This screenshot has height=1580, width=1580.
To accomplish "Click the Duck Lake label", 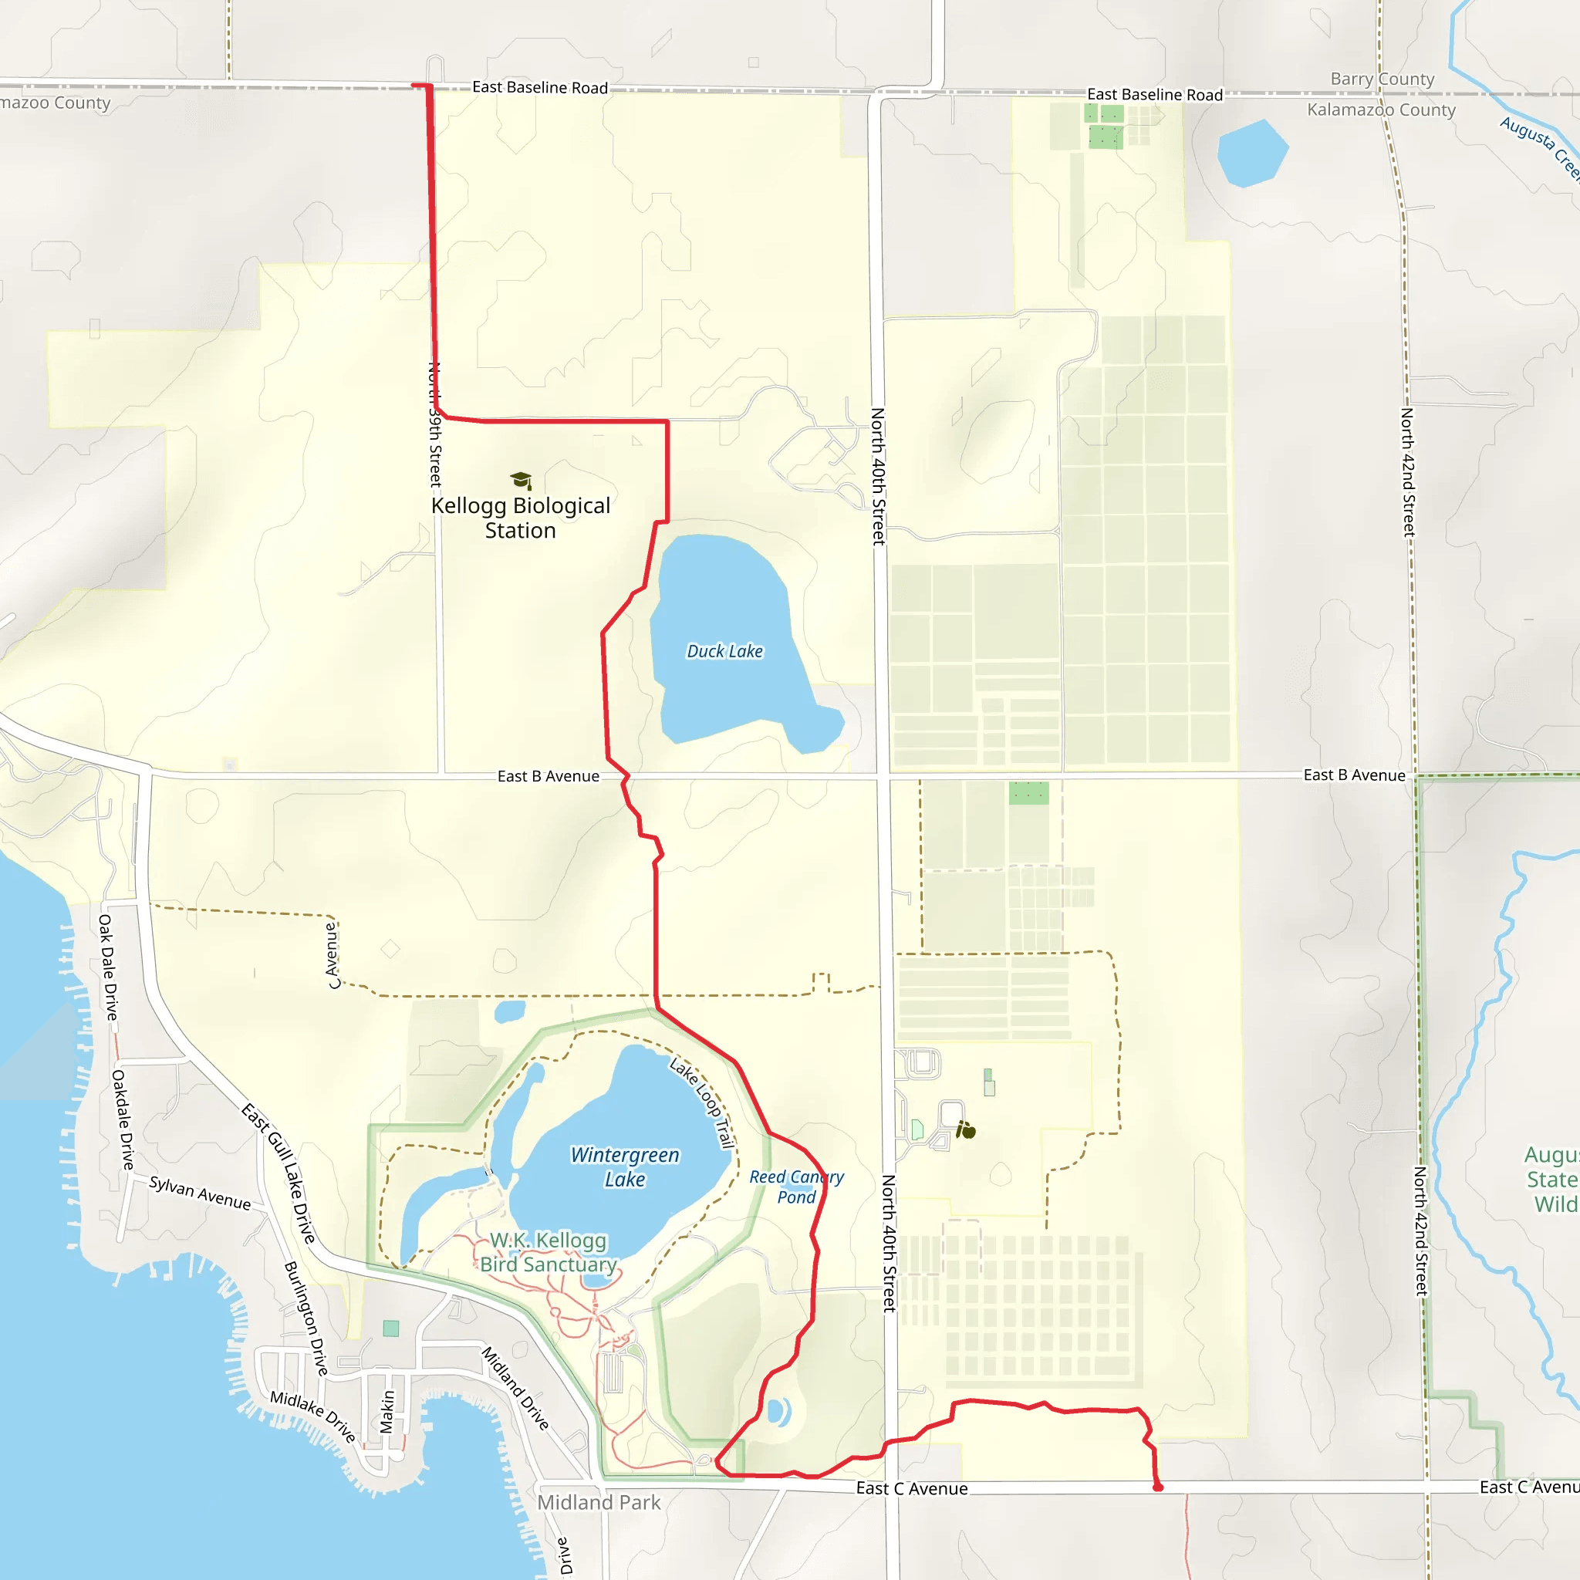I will [x=724, y=651].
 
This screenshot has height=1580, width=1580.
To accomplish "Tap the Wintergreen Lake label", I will [x=625, y=1167].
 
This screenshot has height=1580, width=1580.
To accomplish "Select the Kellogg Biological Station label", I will [x=520, y=518].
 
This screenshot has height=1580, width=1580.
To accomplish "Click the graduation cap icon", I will [x=521, y=480].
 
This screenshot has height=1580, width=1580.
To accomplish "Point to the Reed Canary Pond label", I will [x=796, y=1187].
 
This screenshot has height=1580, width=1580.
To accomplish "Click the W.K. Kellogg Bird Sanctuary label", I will [x=548, y=1252].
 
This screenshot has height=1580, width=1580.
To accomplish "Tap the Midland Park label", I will [x=599, y=1502].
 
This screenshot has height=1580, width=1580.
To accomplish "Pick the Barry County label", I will [x=1382, y=79].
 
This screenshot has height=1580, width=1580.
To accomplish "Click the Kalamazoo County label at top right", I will [x=1381, y=110].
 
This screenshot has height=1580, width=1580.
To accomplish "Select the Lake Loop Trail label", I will [x=703, y=1103].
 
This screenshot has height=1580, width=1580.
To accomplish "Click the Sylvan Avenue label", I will [x=201, y=1193].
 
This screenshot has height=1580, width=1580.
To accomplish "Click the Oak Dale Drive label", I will [x=108, y=967].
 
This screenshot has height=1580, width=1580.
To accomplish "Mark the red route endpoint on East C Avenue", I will [x=1158, y=1487].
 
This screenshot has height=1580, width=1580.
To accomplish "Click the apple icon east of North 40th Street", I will [x=967, y=1131].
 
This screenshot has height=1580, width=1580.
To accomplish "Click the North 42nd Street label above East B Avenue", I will [x=1407, y=472].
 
